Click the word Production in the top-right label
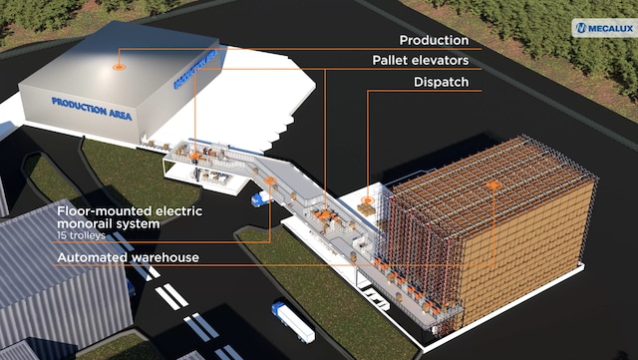[x=434, y=40]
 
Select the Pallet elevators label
[x=421, y=61]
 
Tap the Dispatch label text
[x=441, y=82]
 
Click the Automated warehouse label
[x=129, y=257]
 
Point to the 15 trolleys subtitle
[x=82, y=235]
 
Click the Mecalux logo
[x=605, y=28]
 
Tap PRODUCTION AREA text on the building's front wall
[x=92, y=109]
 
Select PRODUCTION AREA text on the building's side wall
[x=195, y=69]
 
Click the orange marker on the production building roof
[x=119, y=67]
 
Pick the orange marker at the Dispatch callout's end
[x=368, y=200]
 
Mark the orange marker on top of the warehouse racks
[x=493, y=185]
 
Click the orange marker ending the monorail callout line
[x=269, y=180]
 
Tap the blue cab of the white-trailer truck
[x=277, y=308]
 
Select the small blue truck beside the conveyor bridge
[x=260, y=198]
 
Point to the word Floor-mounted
[x=105, y=211]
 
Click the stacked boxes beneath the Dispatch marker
[x=366, y=209]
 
